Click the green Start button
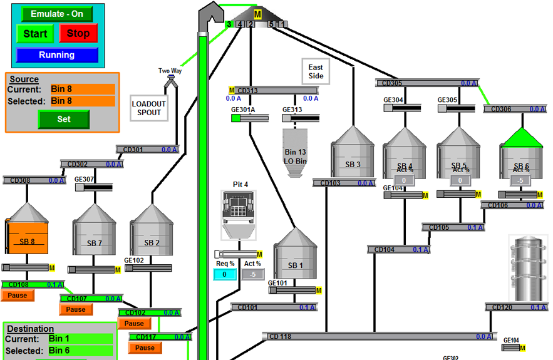pyautogui.click(x=35, y=34)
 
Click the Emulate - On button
pyautogui.click(x=56, y=14)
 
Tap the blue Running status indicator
pyautogui.click(x=56, y=55)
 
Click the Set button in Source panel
pyautogui.click(x=63, y=119)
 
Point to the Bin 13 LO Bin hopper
pyautogui.click(x=295, y=153)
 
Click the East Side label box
pyautogui.click(x=316, y=72)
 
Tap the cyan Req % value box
pyautogui.click(x=225, y=274)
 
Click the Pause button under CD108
pyautogui.click(x=18, y=296)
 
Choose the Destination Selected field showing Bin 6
pyautogui.click(x=80, y=351)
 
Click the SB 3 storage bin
pyautogui.click(x=353, y=157)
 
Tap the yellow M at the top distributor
pyautogui.click(x=257, y=14)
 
